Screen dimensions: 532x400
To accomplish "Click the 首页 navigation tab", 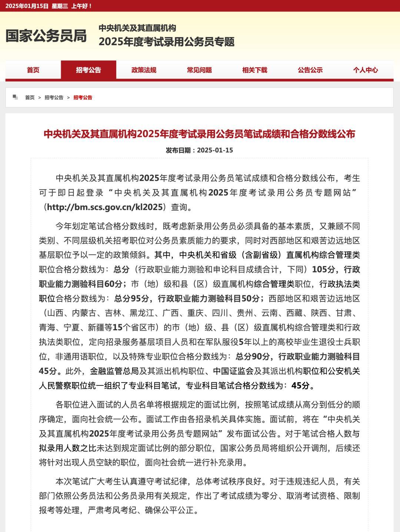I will click(x=33, y=70).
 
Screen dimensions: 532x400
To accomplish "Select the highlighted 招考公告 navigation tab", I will click(x=89, y=70).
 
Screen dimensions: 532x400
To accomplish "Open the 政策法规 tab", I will click(x=144, y=70).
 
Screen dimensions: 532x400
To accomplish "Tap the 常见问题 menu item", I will click(x=199, y=70).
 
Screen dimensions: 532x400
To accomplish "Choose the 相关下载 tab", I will click(x=254, y=70).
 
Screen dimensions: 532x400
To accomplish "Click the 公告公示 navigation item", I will click(x=310, y=70).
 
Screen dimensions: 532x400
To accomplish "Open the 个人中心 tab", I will click(x=365, y=70).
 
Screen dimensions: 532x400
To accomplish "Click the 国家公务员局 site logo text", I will click(x=46, y=36).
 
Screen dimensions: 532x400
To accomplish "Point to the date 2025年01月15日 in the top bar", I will click(x=27, y=6).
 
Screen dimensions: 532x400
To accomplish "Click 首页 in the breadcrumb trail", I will click(x=30, y=98).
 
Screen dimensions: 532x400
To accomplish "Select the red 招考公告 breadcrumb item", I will click(x=83, y=98).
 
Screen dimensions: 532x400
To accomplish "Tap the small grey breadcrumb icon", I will click(x=15, y=97).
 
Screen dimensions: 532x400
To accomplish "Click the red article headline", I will click(x=199, y=134).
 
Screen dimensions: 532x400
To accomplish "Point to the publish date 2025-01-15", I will click(x=215, y=150).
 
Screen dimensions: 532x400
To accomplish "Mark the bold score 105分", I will click(x=323, y=270).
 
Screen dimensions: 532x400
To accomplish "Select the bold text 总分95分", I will click(x=131, y=298).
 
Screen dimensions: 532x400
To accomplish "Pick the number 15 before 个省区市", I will click(x=117, y=328).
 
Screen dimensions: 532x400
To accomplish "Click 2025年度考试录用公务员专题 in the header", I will click(x=166, y=42).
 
